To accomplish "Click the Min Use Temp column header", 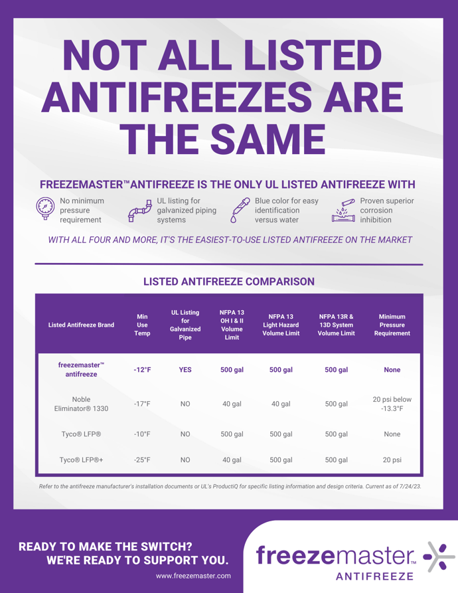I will click(142, 325).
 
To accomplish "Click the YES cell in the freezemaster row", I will click(185, 370).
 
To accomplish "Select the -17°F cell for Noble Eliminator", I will click(142, 404).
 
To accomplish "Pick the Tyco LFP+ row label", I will click(80, 459).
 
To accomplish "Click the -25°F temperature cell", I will click(142, 459).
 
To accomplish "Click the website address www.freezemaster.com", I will click(193, 576).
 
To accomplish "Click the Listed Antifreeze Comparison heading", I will click(229, 282).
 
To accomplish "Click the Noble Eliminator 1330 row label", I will click(80, 404).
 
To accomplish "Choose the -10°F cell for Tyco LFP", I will click(142, 434).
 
